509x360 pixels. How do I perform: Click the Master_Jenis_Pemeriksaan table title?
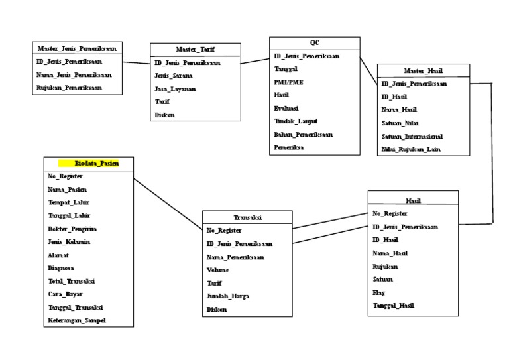tap(77, 48)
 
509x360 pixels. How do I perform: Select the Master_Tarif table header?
tap(195, 50)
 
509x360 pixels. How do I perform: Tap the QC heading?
tap(314, 42)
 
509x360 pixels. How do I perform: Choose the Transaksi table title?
tap(247, 217)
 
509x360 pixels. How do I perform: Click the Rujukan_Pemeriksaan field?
tap(69, 87)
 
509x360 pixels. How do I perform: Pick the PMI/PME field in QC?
tap(288, 82)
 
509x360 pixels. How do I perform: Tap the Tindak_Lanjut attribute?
tap(296, 121)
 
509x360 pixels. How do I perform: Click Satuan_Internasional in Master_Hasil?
tap(412, 136)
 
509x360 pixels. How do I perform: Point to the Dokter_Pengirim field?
tap(68, 229)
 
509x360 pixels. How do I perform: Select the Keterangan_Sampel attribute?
tap(76, 321)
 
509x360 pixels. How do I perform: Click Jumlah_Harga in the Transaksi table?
tap(228, 296)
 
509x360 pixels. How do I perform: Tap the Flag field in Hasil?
tap(378, 292)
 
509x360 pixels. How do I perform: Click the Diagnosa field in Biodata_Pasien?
tap(60, 269)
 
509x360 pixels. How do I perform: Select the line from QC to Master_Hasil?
tap(368, 70)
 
